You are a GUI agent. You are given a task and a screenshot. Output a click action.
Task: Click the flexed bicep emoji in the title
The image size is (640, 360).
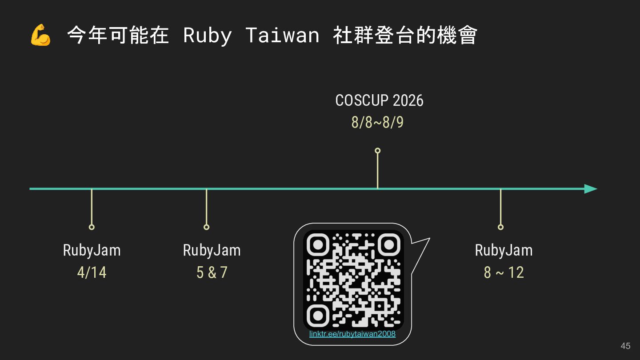click(40, 36)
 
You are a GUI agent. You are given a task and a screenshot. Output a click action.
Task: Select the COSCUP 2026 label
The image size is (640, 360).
click(379, 100)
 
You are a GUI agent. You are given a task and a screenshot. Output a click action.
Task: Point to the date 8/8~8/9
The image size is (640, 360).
click(377, 122)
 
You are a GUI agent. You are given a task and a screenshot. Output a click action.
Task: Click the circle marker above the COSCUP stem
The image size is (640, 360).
click(377, 151)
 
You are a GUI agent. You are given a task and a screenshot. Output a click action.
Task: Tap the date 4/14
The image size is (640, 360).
click(92, 272)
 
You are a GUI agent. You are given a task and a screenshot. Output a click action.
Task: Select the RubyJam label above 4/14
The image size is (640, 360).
click(92, 250)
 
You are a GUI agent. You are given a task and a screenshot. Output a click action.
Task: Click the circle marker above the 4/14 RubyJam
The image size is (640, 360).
click(92, 227)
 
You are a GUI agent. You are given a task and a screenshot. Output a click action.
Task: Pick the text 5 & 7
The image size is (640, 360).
click(212, 272)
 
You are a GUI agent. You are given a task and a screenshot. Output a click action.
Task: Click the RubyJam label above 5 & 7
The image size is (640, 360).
click(212, 250)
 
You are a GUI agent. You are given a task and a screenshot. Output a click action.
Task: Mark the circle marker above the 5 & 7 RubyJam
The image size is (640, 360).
click(206, 227)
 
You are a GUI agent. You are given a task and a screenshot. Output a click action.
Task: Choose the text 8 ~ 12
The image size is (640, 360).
click(504, 272)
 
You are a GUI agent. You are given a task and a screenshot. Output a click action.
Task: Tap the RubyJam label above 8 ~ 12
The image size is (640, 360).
click(504, 250)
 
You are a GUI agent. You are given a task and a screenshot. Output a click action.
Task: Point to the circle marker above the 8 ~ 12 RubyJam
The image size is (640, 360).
click(500, 227)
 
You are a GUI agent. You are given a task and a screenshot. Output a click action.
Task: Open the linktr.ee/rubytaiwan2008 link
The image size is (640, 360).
click(352, 334)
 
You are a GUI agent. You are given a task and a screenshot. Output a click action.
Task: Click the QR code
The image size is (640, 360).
click(353, 280)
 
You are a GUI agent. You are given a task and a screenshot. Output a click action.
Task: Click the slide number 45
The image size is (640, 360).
click(625, 346)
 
